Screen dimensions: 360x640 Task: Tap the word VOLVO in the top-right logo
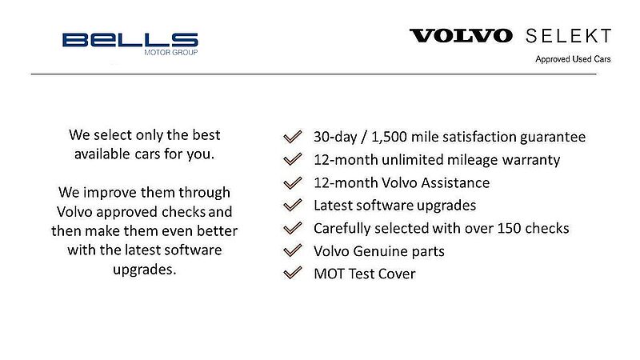(462, 36)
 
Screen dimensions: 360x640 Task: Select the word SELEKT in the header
(569, 36)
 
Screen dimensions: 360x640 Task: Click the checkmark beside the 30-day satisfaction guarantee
(293, 137)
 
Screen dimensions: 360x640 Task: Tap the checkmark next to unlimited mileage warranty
(293, 160)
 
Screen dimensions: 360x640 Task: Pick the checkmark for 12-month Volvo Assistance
(293, 182)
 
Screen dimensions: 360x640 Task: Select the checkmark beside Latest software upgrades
(293, 206)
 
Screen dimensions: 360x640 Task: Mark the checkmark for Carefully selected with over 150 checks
(293, 229)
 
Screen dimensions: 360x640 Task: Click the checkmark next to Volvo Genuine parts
(293, 252)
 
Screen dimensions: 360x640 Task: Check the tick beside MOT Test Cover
(293, 274)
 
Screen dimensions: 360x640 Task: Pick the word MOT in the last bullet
(328, 274)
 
